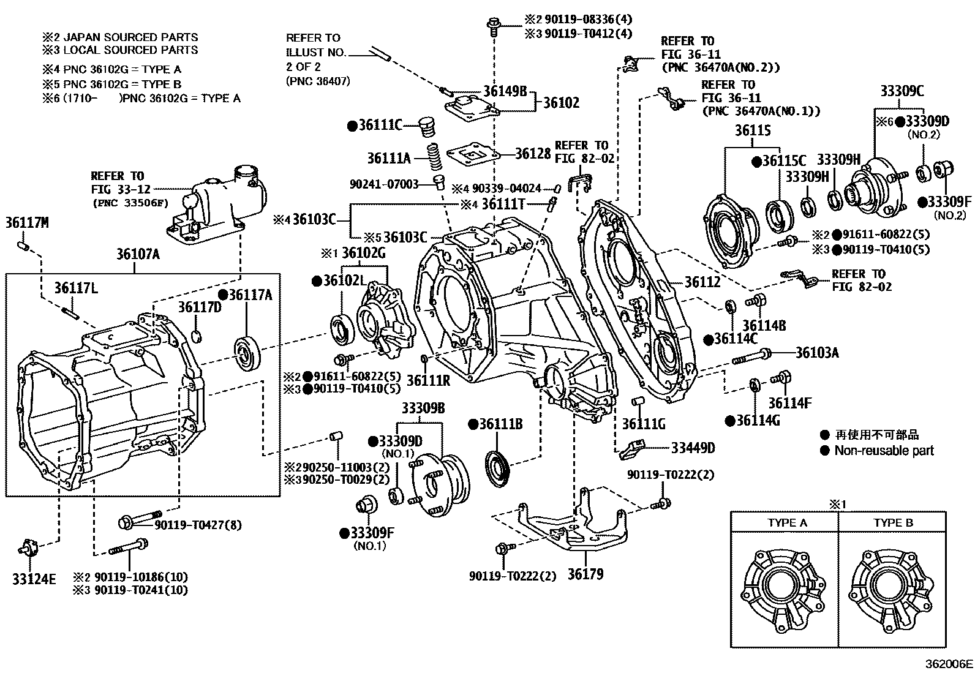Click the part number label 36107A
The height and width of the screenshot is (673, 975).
coord(138,254)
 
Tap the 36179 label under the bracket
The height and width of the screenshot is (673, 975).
coord(585,574)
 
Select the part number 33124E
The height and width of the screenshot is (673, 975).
coord(34,579)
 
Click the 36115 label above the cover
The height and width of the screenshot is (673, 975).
coord(753,130)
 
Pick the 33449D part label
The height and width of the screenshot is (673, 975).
coord(693,448)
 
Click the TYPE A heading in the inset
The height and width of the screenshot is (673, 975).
coord(787,523)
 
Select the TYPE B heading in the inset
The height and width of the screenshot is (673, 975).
coord(893,523)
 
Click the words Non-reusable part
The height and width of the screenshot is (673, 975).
coord(884,451)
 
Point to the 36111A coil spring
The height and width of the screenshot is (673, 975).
coord(434,158)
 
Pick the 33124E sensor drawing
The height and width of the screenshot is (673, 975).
coord(29,546)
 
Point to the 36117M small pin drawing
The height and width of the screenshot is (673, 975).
coord(23,246)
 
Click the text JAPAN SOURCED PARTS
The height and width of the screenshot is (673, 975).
coord(130,37)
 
